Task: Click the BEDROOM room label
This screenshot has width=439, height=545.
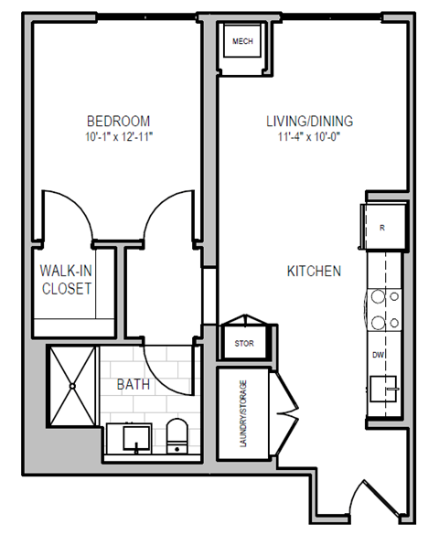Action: tap(119, 121)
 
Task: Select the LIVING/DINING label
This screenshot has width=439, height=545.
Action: tap(309, 121)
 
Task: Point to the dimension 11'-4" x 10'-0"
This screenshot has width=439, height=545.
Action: tap(309, 136)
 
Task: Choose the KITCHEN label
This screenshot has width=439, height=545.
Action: tap(314, 271)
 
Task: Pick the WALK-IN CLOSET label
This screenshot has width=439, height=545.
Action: tap(65, 280)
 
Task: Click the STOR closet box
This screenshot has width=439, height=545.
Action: tap(242, 344)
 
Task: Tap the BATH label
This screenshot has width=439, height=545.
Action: tap(134, 385)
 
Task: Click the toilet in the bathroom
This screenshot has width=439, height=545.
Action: tap(177, 437)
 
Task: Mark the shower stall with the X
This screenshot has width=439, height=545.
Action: tap(70, 387)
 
